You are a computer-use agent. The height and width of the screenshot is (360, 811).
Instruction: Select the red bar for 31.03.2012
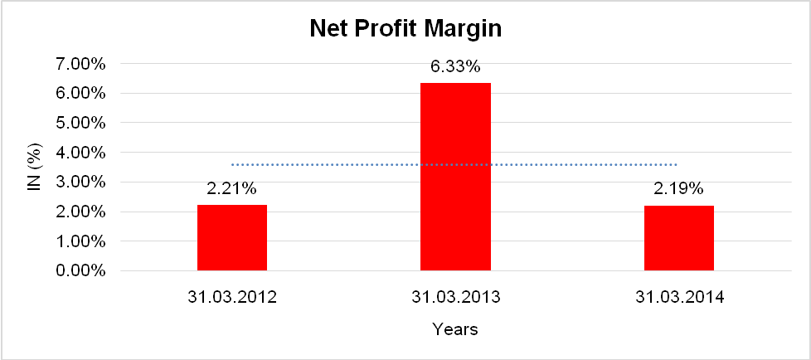232,237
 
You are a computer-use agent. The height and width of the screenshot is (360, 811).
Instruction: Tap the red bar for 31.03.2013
455,176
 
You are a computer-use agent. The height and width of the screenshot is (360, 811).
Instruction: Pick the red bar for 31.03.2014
678,237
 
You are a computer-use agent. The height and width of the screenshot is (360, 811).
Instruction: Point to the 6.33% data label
455,67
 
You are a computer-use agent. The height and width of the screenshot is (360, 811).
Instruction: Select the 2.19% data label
678,190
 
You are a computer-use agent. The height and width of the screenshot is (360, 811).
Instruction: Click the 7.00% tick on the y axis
80,64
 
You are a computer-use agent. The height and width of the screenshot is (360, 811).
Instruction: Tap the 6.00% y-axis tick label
80,94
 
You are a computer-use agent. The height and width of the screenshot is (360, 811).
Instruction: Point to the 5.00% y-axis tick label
80,123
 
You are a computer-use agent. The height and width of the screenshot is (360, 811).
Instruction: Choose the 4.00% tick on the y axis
80,153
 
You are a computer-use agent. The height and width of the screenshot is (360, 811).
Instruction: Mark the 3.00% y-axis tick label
80,182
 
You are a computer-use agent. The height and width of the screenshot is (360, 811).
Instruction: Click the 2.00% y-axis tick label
80,212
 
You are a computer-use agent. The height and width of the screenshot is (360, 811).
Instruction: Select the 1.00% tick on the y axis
80,241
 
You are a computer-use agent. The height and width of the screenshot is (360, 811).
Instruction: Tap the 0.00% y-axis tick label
80,271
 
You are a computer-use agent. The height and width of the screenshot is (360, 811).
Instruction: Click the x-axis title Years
455,330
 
